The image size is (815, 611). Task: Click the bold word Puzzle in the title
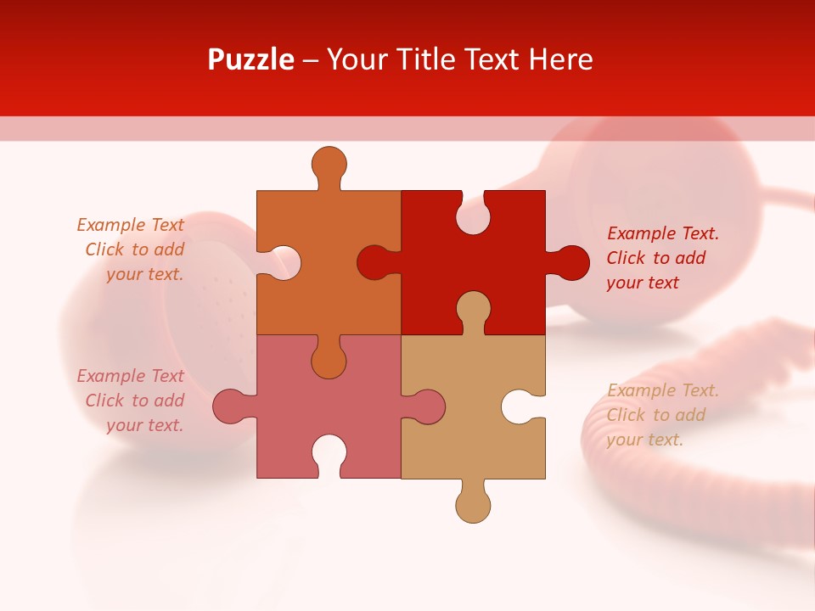(250, 59)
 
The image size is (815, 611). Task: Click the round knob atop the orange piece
(329, 163)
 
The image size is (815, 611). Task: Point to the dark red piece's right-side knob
(570, 263)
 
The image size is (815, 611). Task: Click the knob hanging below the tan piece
(473, 505)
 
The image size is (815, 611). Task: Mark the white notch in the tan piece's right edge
(519, 406)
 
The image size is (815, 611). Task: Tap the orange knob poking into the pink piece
(329, 360)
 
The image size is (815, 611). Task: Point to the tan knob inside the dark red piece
(473, 309)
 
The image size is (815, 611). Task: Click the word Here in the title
(560, 59)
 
